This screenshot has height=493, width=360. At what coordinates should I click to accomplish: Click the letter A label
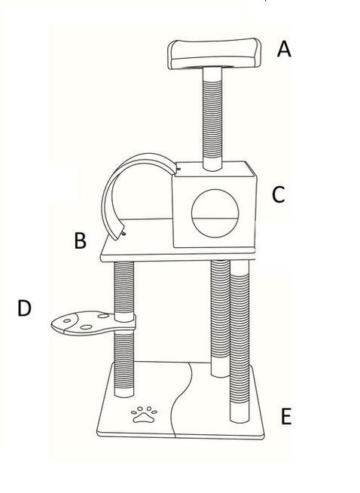pos(284,49)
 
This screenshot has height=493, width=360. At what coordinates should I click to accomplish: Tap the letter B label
pos(80,240)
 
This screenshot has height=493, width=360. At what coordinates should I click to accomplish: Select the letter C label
pos(279,195)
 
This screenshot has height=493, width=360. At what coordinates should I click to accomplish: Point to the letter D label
pos(24,308)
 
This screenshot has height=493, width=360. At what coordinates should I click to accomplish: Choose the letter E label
pos(286,416)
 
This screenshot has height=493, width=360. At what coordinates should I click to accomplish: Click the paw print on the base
pos(144,415)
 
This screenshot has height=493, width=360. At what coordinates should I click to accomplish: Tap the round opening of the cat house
pos(215,213)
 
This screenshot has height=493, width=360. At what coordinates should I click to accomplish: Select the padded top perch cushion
pos(214,54)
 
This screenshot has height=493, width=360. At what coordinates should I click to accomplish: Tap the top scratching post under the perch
pos(212,119)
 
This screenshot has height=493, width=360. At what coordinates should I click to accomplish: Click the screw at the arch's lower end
pos(124,234)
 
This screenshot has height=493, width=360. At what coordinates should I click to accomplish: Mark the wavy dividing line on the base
pos(182,400)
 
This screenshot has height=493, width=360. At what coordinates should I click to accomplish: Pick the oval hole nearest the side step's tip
pos(67,320)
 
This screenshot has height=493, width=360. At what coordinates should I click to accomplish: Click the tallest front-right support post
pos(239,341)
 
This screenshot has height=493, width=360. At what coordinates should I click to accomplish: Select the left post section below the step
pos(124,365)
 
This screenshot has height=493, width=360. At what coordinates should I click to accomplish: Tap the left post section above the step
pos(124,291)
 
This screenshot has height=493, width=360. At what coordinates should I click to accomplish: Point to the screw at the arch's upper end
pos(179,170)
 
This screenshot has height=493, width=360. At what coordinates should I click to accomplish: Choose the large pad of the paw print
pos(144,418)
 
